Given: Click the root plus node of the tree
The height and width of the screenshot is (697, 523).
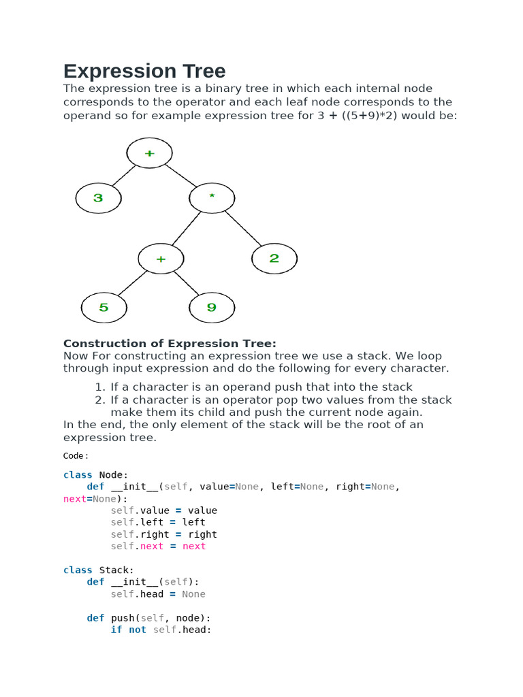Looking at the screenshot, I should pos(150,153).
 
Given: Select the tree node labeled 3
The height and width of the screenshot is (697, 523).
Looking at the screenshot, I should pos(98,198).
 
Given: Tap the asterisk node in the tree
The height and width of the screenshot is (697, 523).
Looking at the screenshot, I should pos(212,197).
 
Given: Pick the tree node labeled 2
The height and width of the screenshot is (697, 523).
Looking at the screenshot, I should pos(274,258).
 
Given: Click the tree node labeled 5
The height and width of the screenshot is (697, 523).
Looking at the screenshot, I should pos(104,308).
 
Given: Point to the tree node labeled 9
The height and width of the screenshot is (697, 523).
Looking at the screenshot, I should pos(212,308).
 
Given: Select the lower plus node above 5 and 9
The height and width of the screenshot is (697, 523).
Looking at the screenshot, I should pos(161,259).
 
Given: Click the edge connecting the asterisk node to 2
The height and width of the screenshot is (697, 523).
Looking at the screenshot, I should pos(243,227).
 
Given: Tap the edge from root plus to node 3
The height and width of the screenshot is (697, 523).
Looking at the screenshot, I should pos(124,175).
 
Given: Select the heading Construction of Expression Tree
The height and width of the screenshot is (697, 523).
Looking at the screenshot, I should pos(170,343).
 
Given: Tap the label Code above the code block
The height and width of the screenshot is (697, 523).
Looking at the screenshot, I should pos(75,455).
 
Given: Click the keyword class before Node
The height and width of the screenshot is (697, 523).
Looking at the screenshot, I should pos(78,474).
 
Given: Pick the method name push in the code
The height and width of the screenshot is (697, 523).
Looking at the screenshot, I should pos(123,617).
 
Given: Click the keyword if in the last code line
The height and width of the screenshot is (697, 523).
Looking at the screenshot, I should pos(116,630).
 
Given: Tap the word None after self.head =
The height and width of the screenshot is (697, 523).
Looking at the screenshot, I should pos(193,594).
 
